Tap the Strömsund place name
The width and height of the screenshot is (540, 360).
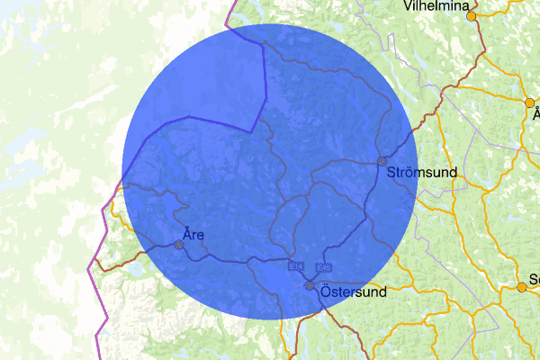[422, 171]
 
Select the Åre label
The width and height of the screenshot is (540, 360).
[193, 235]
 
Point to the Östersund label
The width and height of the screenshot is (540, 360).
[354, 292]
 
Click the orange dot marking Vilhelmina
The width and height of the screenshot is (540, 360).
[471, 15]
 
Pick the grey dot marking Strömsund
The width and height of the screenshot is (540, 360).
[382, 161]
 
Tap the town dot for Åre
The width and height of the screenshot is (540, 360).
[178, 244]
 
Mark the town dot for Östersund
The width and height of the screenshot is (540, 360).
[310, 285]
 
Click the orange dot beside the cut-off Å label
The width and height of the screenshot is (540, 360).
[529, 103]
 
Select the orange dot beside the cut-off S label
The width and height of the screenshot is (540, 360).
[521, 287]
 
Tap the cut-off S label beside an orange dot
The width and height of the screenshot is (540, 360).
[535, 280]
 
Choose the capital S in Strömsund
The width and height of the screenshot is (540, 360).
[391, 171]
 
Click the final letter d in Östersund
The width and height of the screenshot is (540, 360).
[382, 292]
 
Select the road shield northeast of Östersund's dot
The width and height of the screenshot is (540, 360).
[324, 266]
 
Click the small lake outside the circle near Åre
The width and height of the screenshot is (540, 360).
[135, 268]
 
